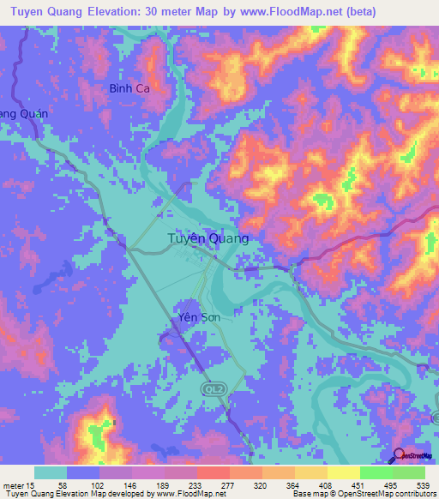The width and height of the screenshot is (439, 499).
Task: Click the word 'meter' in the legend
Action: tap(13, 485)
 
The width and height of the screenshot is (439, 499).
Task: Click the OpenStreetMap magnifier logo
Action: tap(400, 456)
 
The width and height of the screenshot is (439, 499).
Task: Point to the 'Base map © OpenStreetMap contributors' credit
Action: tap(360, 494)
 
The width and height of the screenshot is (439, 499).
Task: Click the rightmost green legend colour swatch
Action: tap(408, 472)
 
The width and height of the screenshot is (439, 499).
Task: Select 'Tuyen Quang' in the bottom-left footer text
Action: tap(26, 494)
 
